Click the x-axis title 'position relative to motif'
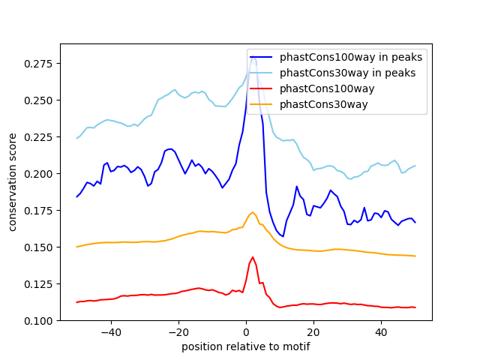245,346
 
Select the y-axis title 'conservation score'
13,182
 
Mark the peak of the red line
253,257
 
